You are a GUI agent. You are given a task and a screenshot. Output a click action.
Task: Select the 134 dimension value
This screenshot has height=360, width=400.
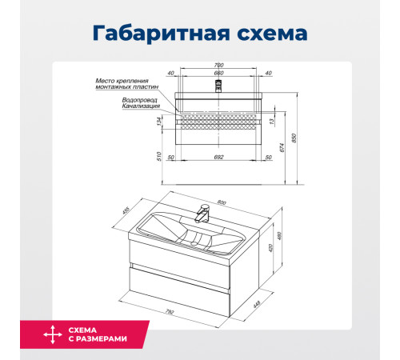[161, 122]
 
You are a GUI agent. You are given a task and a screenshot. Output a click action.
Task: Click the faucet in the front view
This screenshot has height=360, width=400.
[218, 83]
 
